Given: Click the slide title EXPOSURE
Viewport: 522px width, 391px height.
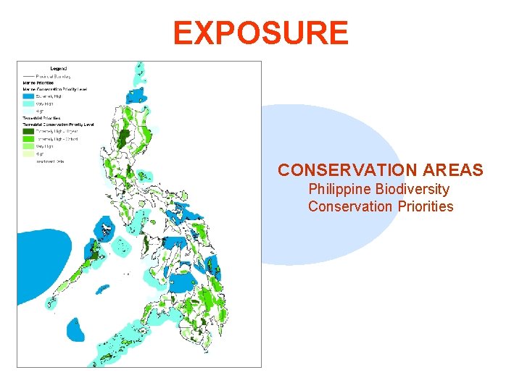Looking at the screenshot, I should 260,33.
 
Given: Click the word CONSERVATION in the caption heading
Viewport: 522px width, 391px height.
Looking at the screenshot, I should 339,170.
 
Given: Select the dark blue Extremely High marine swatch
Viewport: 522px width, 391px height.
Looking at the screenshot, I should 28,96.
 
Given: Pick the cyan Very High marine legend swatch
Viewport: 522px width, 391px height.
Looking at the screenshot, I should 28,104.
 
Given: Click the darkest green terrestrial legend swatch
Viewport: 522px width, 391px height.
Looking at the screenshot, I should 28,131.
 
